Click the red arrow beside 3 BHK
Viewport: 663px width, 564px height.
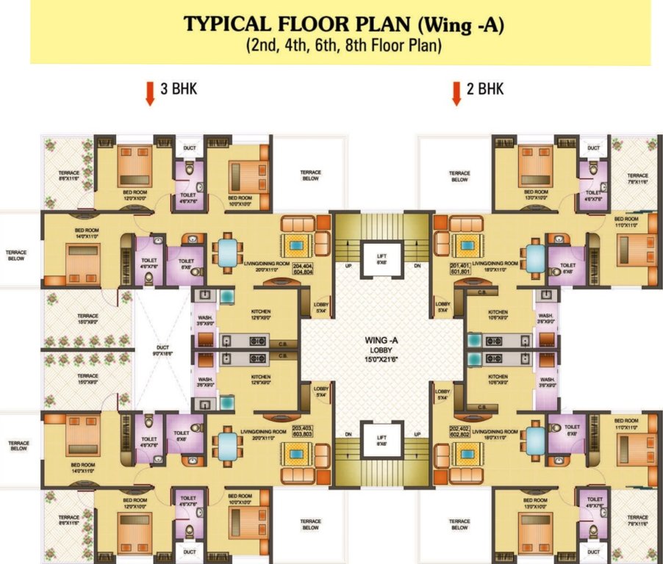pyautogui.click(x=150, y=93)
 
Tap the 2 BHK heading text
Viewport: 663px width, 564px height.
pyautogui.click(x=485, y=89)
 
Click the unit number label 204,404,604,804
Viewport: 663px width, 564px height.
pyautogui.click(x=307, y=268)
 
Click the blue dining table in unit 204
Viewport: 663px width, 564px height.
pyautogui.click(x=226, y=253)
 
